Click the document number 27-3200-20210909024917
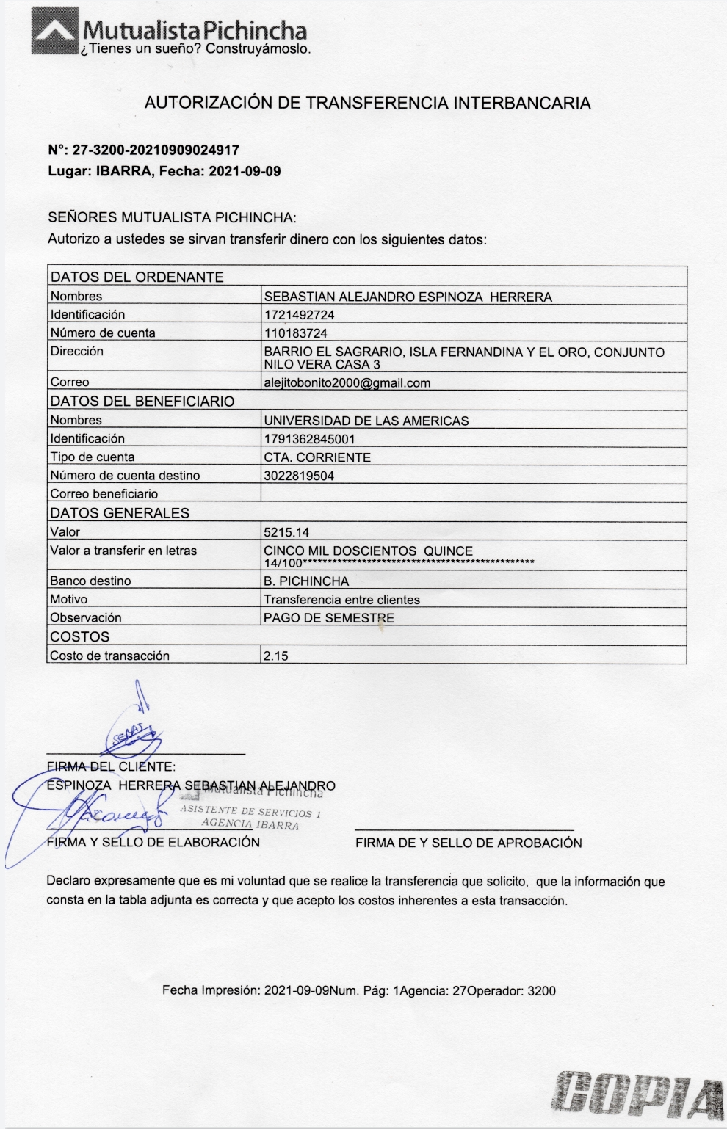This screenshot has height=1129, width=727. click(156, 150)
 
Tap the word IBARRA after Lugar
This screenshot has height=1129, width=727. click(122, 172)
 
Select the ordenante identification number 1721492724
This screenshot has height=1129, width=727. click(299, 315)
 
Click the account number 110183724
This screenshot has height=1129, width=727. click(296, 333)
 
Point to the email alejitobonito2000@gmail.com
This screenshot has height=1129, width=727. click(347, 382)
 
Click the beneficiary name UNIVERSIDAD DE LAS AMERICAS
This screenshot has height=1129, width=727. click(366, 421)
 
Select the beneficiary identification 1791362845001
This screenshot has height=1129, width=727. click(309, 439)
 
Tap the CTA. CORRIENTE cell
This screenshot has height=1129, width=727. click(317, 457)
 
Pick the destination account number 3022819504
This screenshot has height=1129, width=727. click(299, 476)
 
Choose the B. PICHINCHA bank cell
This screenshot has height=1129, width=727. click(306, 581)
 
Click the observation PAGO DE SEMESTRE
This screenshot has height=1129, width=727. click(329, 618)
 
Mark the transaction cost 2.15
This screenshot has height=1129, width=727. click(275, 656)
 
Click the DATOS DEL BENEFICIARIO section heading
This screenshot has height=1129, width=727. click(142, 402)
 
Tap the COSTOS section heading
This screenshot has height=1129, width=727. click(79, 637)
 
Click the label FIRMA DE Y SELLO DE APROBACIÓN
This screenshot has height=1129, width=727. click(469, 843)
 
